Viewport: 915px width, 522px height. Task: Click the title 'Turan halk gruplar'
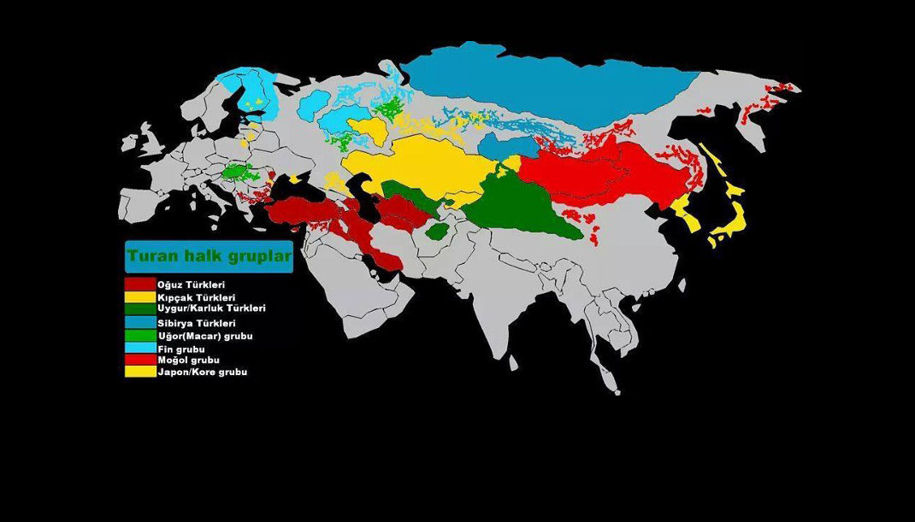pos(209,255)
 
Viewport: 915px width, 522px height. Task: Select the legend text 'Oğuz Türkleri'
pos(191,284)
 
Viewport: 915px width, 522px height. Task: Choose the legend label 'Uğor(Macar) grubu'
pos(204,337)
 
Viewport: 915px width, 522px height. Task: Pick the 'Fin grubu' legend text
pos(180,349)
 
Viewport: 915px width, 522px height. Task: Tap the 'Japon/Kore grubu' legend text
pos(202,372)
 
